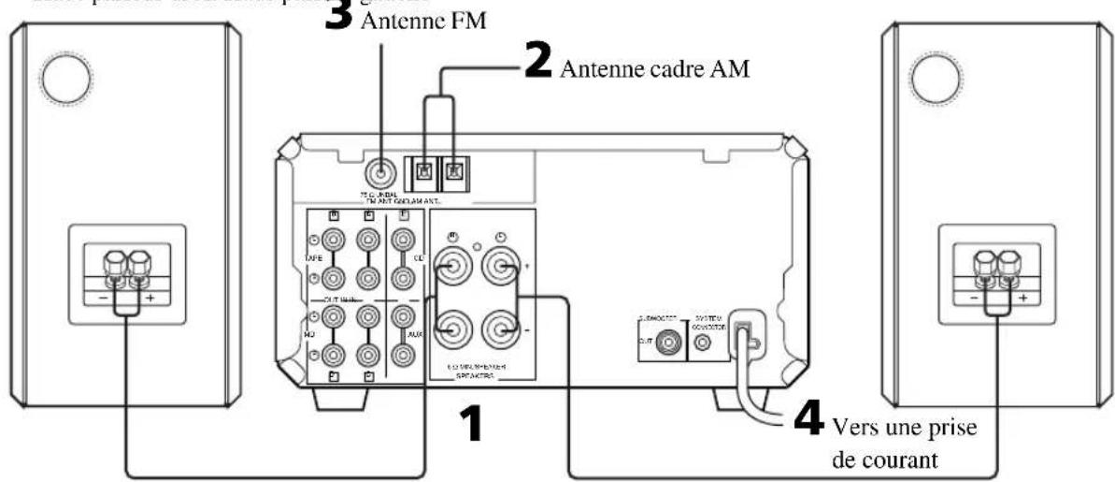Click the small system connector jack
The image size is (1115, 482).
[x=707, y=344]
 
